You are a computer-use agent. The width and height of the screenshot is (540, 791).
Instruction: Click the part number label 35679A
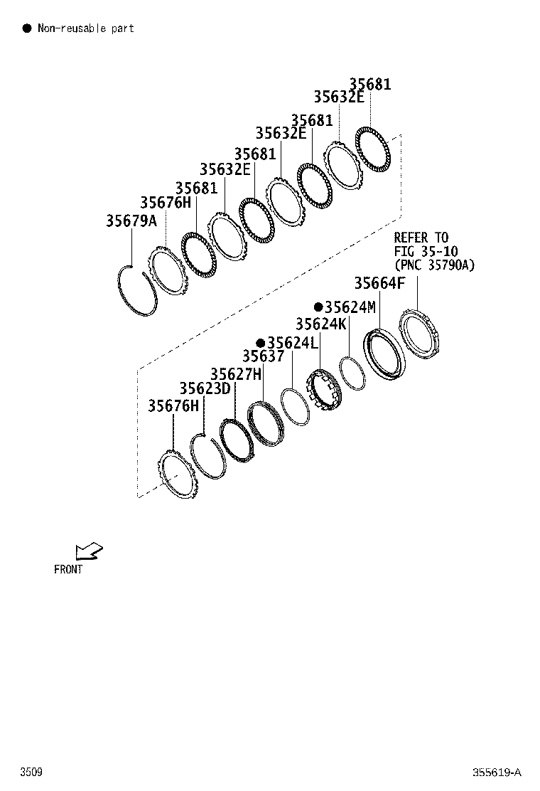[x=131, y=221]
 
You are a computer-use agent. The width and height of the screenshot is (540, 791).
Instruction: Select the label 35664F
[x=379, y=283]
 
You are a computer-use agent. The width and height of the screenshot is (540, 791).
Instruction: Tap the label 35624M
[x=350, y=307]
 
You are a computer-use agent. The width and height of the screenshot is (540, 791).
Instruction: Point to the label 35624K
[x=321, y=324]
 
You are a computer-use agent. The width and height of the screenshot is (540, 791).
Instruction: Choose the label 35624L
[x=293, y=343]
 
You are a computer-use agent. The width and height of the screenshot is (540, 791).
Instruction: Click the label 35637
[x=264, y=356]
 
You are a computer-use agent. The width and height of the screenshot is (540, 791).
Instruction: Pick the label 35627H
[x=236, y=374]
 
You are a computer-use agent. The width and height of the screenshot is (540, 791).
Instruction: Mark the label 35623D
[x=205, y=388]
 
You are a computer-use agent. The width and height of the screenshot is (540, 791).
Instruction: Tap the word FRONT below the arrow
[x=68, y=570]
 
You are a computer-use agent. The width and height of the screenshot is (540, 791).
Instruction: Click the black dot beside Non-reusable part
[x=27, y=28]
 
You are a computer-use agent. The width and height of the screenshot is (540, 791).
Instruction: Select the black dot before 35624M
[x=318, y=307]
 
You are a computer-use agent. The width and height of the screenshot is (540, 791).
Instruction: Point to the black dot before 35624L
[x=261, y=343]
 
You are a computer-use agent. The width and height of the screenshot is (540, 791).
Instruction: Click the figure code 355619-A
[x=497, y=773]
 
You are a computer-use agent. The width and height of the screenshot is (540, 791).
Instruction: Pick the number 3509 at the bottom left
[x=31, y=773]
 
